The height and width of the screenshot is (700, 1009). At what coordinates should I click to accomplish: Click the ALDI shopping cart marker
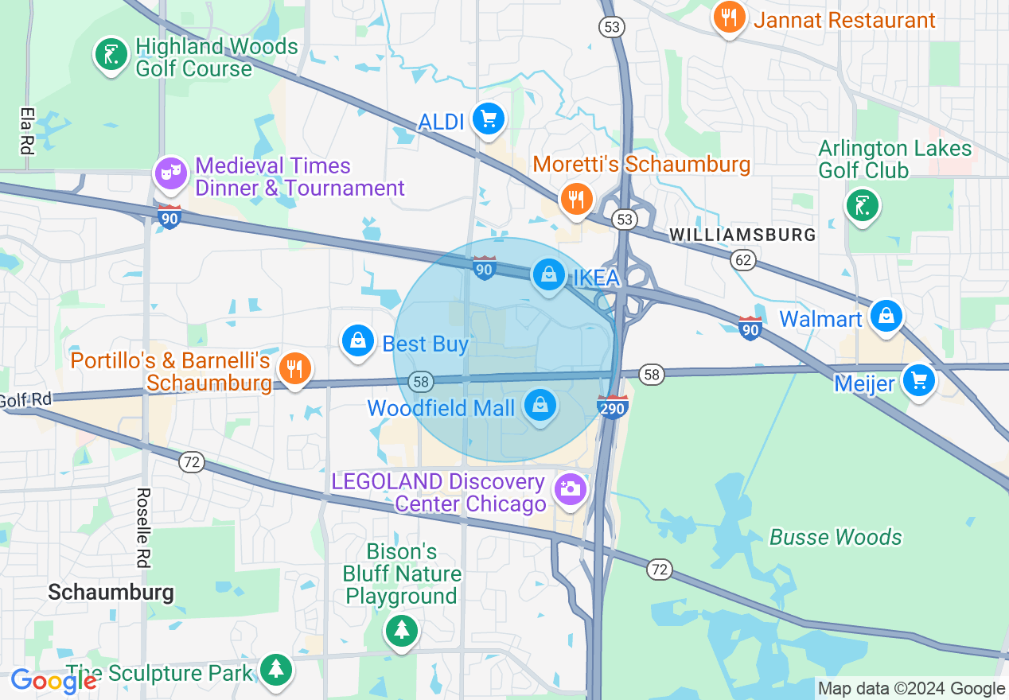coord(488,119)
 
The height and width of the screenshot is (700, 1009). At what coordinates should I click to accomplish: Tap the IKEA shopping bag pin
coord(548,275)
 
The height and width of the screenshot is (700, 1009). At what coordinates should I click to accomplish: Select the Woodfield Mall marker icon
coord(540,406)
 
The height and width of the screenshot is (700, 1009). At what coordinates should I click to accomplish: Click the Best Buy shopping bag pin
coord(358,341)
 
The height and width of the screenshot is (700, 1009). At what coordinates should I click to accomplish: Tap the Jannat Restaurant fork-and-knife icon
coord(729,16)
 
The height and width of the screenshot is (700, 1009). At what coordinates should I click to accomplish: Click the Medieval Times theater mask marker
coord(170,173)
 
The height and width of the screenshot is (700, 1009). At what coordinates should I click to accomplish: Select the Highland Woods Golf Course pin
coord(111,55)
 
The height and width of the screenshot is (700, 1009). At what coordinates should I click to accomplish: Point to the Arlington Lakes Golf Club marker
coord(862,205)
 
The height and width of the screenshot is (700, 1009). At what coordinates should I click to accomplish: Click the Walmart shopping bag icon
coord(886,316)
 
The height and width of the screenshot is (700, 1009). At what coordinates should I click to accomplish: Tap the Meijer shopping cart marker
coord(919,381)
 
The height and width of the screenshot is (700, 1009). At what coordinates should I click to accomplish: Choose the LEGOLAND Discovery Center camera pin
coord(570,488)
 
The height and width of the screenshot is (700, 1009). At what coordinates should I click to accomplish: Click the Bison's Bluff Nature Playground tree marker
coord(402,630)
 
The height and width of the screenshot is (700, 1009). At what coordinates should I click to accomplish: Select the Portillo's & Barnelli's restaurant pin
coord(294,368)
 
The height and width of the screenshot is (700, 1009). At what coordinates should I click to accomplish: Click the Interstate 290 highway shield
coord(613,406)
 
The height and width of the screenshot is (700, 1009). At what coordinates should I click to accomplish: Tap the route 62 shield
coord(743,259)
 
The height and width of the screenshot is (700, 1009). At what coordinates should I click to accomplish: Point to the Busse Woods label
coord(836,538)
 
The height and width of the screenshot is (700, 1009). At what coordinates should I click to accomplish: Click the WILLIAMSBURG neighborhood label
coord(742,235)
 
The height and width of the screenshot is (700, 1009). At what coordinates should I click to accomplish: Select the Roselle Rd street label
coord(143,527)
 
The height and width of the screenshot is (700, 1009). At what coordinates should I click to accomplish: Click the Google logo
coord(53,681)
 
